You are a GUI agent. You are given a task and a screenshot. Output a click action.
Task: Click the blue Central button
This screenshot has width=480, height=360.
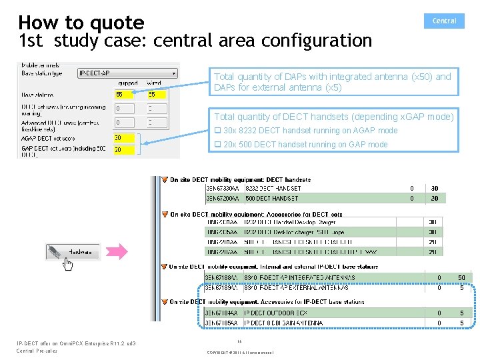[444, 21]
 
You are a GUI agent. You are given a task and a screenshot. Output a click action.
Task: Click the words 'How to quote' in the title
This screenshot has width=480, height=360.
[81, 23]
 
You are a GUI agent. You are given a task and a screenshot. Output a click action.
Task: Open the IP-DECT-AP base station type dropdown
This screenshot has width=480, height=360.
[128, 73]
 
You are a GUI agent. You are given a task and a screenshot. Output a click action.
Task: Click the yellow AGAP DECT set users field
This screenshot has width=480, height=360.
[124, 138]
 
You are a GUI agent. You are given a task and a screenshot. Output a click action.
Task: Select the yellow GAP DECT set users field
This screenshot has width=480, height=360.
[124, 150]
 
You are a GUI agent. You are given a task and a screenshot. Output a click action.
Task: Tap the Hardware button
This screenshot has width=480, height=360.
[73, 252]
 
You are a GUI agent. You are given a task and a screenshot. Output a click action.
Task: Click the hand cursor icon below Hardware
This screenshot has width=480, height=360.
[67, 264]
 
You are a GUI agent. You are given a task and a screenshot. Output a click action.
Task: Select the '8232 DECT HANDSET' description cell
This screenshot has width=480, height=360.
[273, 189]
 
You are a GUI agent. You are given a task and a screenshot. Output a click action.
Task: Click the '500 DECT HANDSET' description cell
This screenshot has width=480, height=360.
[271, 198]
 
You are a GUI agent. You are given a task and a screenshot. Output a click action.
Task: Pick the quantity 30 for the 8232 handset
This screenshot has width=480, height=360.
[435, 189]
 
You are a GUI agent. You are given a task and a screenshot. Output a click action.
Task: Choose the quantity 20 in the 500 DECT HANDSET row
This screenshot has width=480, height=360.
[435, 198]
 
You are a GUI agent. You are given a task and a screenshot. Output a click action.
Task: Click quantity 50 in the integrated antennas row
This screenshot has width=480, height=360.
[461, 277]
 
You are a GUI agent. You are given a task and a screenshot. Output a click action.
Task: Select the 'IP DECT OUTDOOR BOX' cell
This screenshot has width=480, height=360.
[275, 313]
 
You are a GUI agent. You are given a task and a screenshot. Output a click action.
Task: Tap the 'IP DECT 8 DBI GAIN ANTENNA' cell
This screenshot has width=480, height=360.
[283, 323]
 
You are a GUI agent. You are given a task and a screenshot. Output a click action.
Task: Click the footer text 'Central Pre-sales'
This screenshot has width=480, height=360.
[37, 351]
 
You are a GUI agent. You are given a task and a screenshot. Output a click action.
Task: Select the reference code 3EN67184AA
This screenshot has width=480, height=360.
[221, 313]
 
